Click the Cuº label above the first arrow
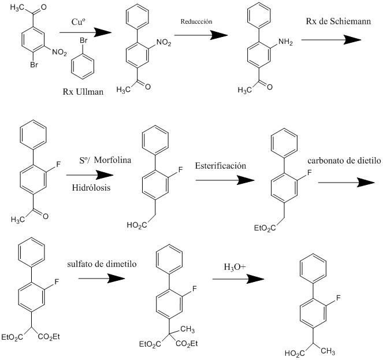78,22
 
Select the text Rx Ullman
83,92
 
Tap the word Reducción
196,21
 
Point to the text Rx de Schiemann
339,21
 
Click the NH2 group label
285,42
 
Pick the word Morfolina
113,160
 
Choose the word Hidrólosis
91,188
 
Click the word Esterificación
220,166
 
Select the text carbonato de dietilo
344,161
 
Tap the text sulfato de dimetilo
102,264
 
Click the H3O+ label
235,267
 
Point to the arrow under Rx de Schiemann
331,40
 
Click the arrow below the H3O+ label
239,279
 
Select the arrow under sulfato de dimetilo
102,278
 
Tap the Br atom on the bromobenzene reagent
84,40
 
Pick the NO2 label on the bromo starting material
60,52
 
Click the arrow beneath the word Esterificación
225,180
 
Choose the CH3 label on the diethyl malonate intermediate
188,329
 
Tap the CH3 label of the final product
328,351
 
